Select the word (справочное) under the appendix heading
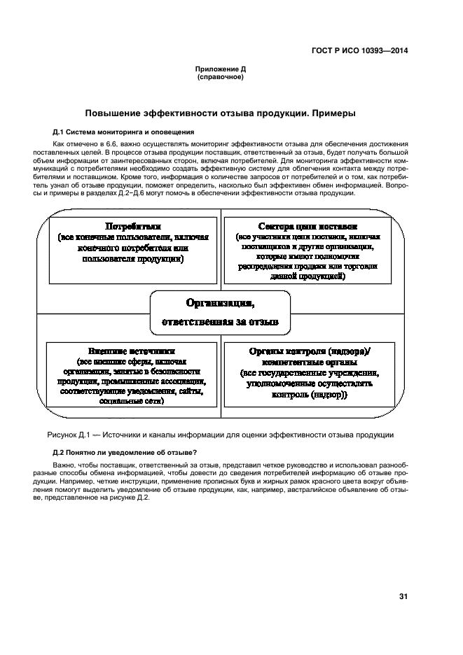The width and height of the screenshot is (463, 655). (221, 76)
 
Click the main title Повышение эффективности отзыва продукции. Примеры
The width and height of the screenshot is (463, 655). (221, 113)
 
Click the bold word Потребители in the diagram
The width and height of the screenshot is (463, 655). (133, 227)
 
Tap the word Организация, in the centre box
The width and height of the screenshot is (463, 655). (220, 303)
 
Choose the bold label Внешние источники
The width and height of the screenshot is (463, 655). (132, 351)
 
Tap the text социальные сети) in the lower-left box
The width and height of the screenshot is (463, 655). (132, 402)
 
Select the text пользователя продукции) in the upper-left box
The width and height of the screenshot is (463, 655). (133, 259)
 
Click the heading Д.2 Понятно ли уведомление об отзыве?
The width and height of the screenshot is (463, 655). (125, 451)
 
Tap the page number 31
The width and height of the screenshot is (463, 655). (403, 596)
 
